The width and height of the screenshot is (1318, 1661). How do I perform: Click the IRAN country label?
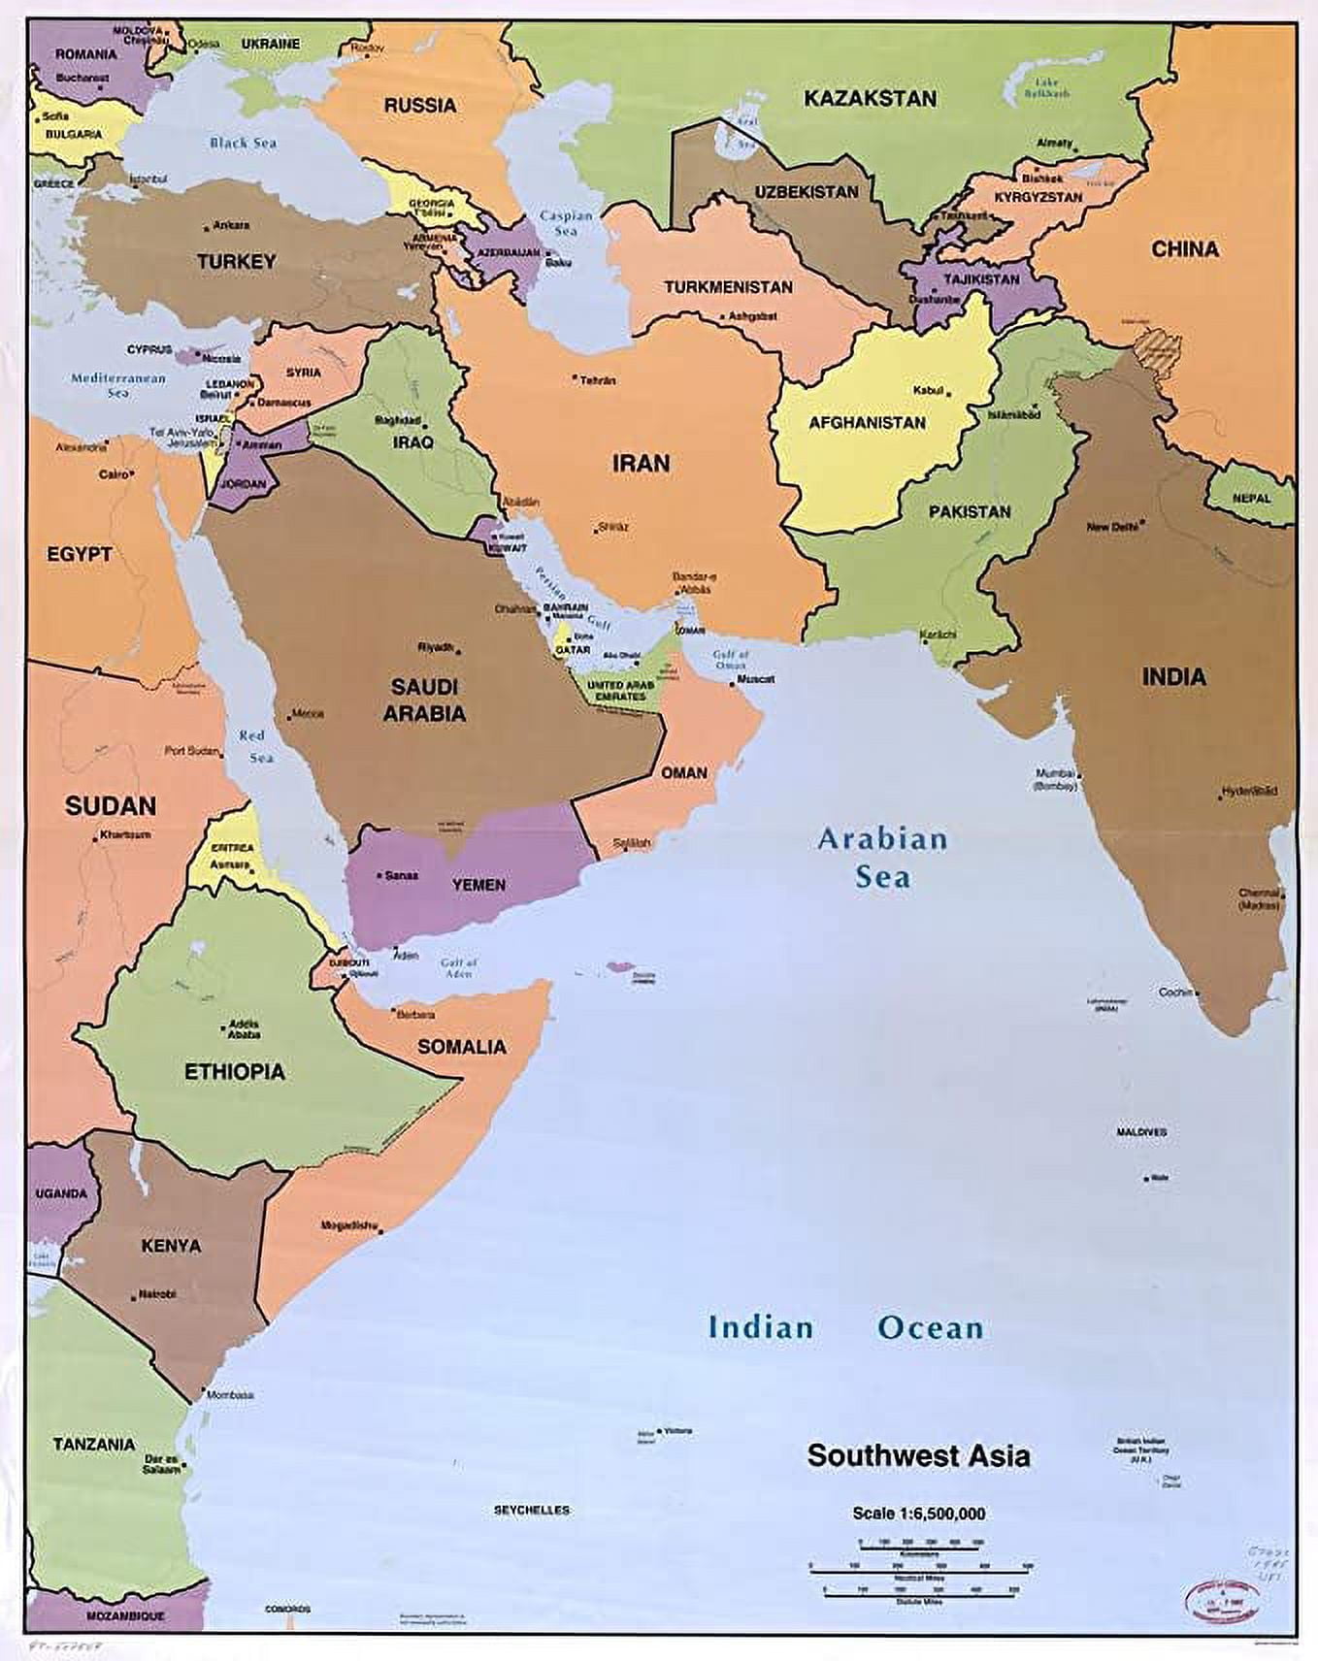click(x=641, y=463)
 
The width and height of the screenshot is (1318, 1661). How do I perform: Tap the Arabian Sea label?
click(x=882, y=858)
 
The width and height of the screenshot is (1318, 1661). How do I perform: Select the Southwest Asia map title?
click(x=918, y=1455)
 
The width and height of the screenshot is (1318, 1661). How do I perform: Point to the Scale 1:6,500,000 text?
click(x=918, y=1513)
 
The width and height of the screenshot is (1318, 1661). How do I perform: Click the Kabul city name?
click(x=928, y=390)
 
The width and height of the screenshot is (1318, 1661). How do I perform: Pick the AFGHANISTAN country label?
click(x=867, y=423)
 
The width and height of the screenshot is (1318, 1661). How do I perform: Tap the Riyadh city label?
click(x=435, y=646)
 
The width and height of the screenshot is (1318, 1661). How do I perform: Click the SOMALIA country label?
click(x=462, y=1046)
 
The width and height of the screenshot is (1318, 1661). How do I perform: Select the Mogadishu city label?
click(x=348, y=1225)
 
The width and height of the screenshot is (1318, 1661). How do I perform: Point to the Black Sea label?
click(x=243, y=143)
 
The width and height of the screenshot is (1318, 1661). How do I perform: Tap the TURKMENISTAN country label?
click(x=728, y=287)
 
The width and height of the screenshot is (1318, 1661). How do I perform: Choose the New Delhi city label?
click(x=1111, y=527)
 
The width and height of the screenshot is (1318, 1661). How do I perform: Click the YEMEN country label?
click(x=478, y=885)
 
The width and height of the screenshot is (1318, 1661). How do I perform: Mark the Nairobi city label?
click(x=156, y=1294)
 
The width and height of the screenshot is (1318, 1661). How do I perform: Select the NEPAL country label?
click(x=1251, y=498)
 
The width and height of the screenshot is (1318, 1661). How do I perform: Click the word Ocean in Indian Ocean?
click(x=930, y=1327)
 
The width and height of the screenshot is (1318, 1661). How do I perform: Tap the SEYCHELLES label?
click(x=532, y=1510)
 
